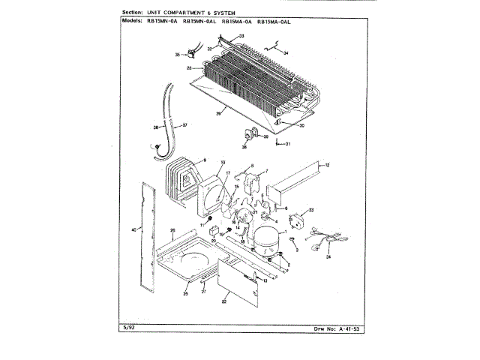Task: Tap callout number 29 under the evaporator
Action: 217,113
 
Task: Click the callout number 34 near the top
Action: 286,52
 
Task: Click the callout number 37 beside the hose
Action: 185,124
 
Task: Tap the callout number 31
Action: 286,143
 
